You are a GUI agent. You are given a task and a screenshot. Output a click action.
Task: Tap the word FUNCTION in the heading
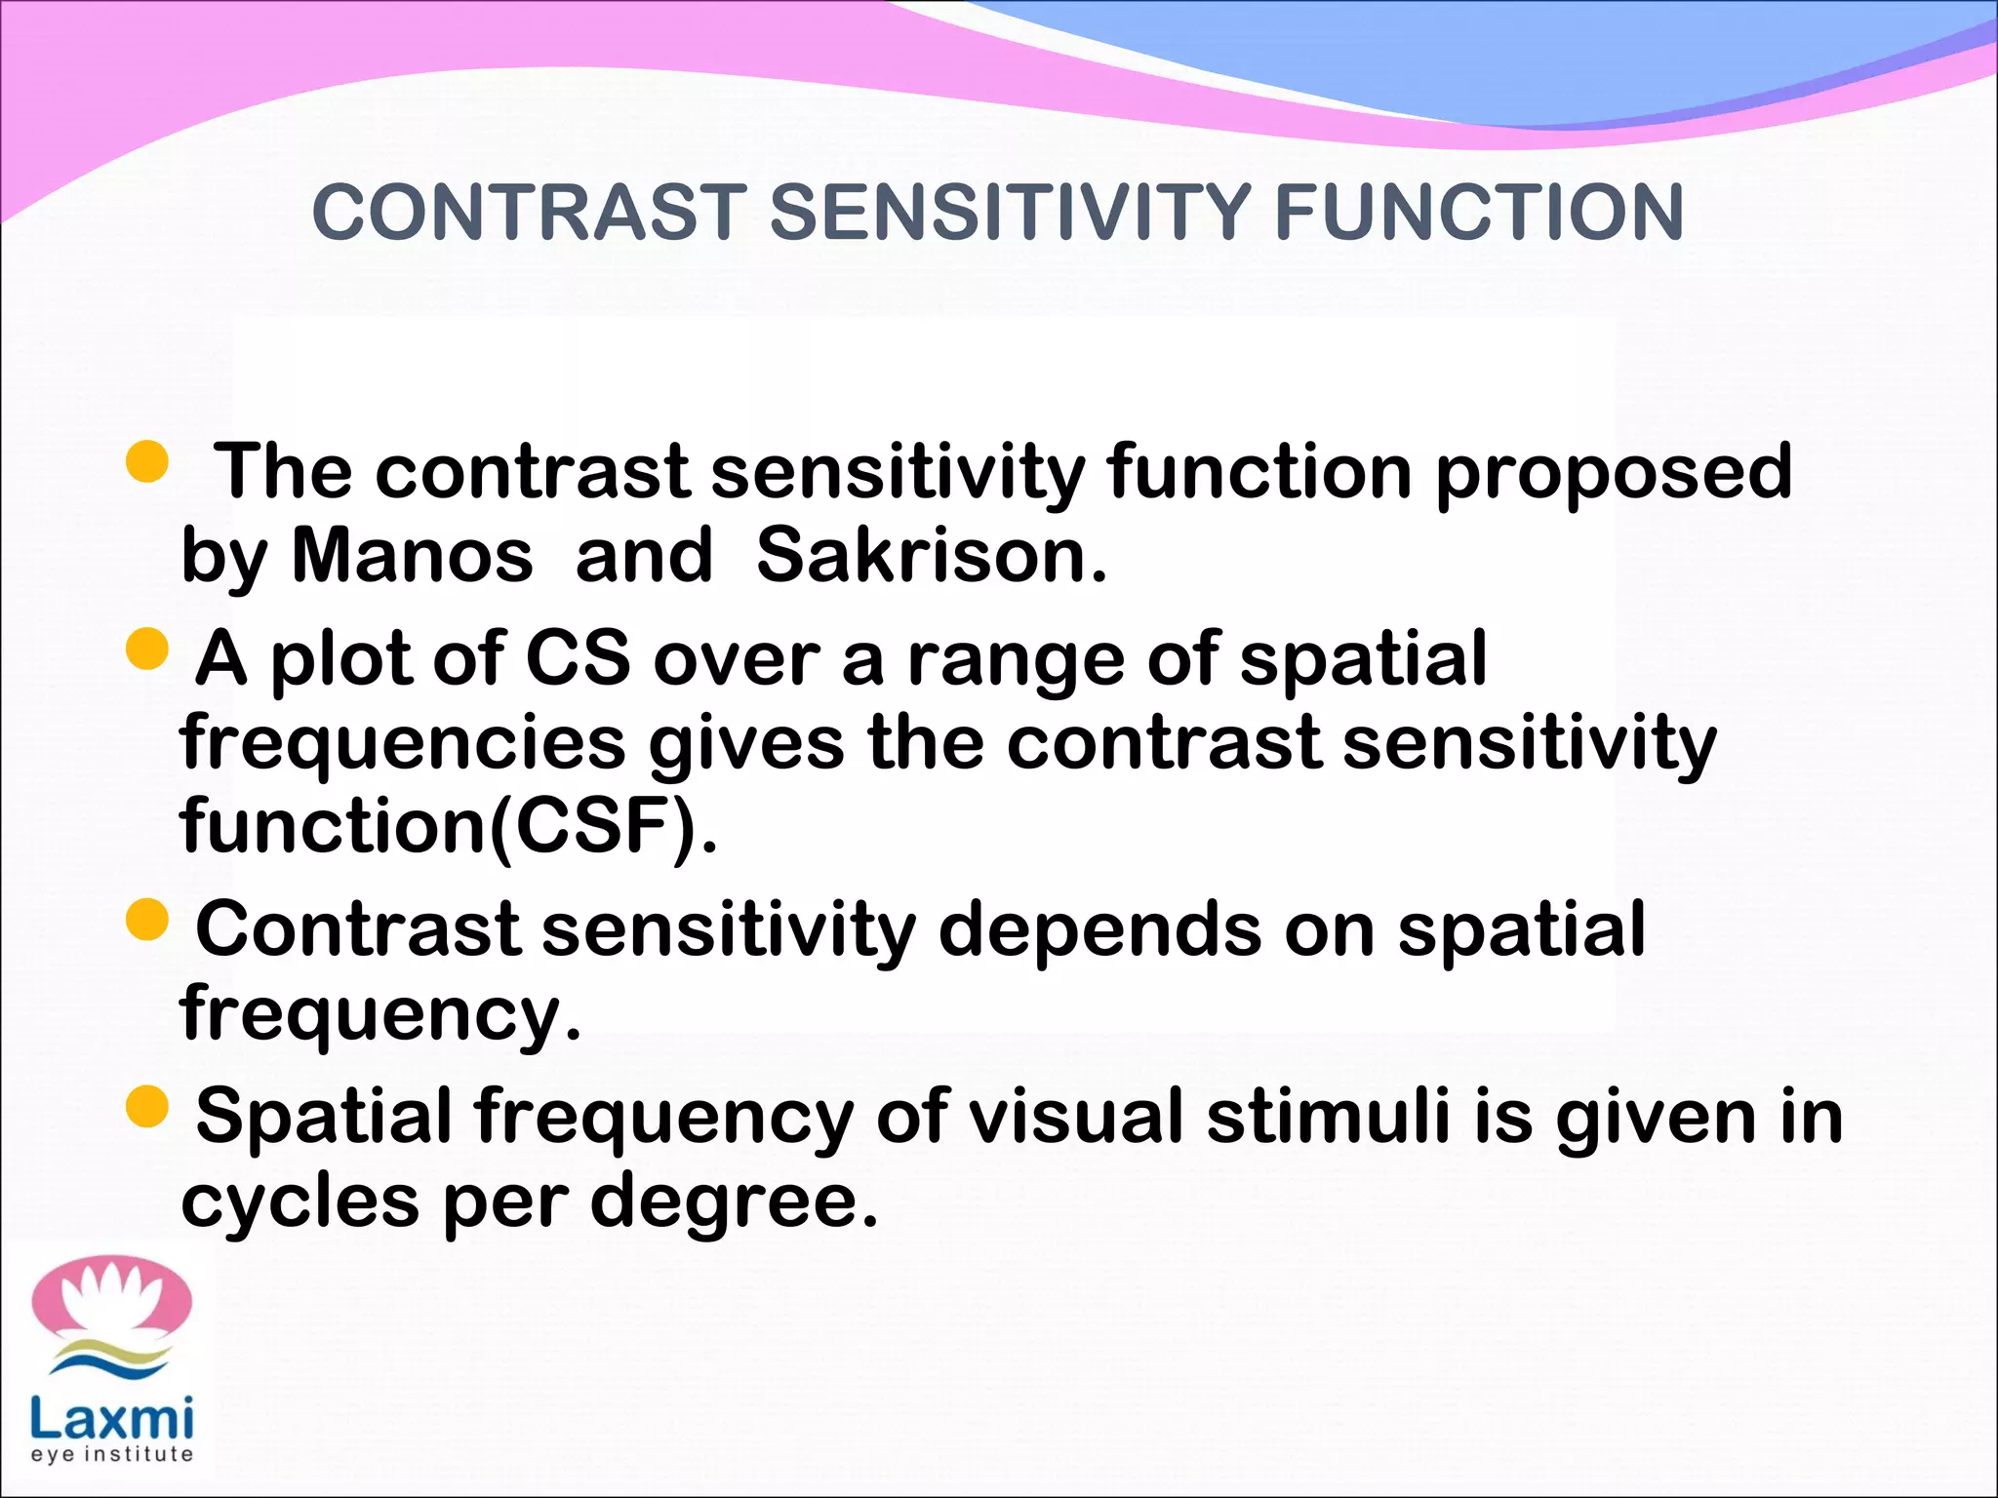1479,213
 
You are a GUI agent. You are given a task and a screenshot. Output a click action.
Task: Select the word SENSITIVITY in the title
1010,213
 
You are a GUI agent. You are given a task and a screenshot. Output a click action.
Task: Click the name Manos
413,556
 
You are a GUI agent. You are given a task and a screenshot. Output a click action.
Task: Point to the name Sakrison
932,556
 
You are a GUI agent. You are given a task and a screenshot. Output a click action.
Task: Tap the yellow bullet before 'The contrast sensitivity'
148,461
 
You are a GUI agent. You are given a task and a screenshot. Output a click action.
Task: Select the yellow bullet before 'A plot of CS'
148,649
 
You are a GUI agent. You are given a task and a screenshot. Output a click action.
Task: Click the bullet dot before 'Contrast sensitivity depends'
148,920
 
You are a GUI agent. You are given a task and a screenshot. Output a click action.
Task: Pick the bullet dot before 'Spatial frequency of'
148,1107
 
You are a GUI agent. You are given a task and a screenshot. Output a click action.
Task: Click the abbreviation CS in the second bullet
579,658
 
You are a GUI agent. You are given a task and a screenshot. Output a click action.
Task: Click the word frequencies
403,744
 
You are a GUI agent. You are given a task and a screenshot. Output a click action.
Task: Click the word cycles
300,1202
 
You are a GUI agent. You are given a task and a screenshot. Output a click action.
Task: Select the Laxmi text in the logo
111,1419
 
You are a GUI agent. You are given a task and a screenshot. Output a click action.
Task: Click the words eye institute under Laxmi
111,1454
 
